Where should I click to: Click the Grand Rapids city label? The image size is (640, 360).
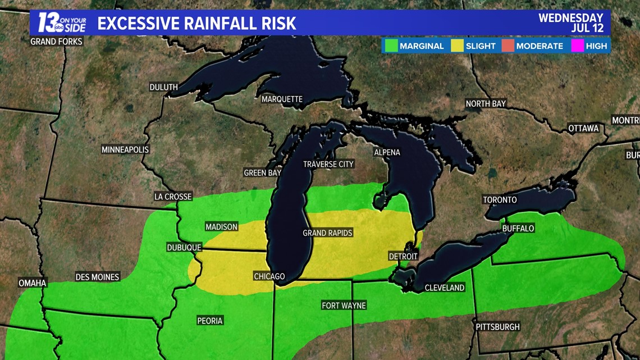point(327,233)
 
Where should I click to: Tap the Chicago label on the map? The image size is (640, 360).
point(269,276)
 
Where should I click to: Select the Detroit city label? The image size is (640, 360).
point(403,256)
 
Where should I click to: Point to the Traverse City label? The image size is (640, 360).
point(328,164)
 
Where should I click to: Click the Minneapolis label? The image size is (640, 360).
point(125,149)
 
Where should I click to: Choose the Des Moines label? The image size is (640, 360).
point(97,277)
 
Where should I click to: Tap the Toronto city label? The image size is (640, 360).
point(500,200)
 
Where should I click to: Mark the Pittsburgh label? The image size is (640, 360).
point(497,326)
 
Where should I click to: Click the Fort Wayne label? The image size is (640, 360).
point(344,306)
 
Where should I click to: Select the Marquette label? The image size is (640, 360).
point(282,99)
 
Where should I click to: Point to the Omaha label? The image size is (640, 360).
point(33,283)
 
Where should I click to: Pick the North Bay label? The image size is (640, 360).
point(486,103)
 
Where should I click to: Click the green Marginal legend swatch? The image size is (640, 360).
point(391,46)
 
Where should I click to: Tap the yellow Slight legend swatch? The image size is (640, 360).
point(457,46)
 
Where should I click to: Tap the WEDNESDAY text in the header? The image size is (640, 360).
point(570,18)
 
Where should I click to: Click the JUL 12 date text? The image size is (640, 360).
point(587,28)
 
